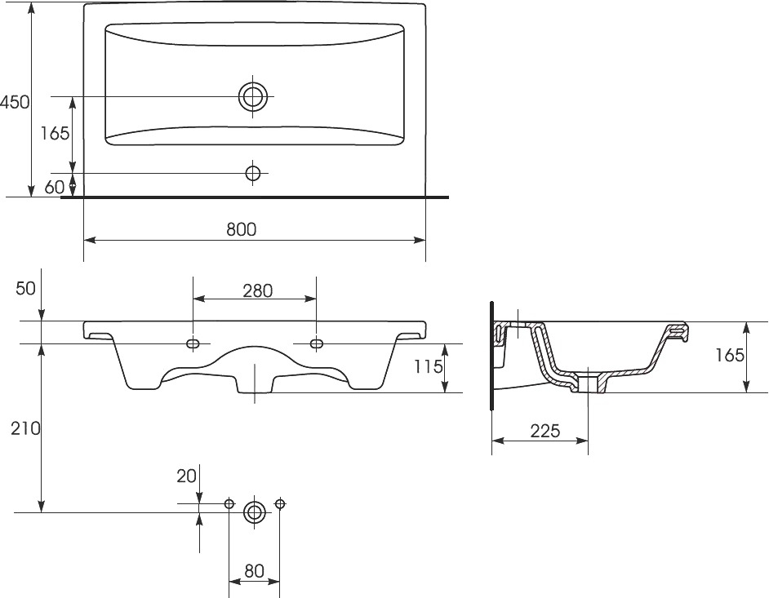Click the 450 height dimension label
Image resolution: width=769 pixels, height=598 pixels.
coord(16,102)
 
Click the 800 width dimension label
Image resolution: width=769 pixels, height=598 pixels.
coord(242,229)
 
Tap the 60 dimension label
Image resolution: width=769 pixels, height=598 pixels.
coord(55,187)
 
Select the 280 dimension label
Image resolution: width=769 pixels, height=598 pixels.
coord(257,290)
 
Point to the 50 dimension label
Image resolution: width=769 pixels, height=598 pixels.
coord(25,288)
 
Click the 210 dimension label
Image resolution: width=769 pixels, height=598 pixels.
coord(26,428)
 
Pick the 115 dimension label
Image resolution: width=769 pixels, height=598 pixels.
coord(428,365)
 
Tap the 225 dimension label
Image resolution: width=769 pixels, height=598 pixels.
coord(545,431)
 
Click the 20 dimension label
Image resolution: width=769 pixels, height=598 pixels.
coord(186,476)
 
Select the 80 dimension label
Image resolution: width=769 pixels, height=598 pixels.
coord(254,570)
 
